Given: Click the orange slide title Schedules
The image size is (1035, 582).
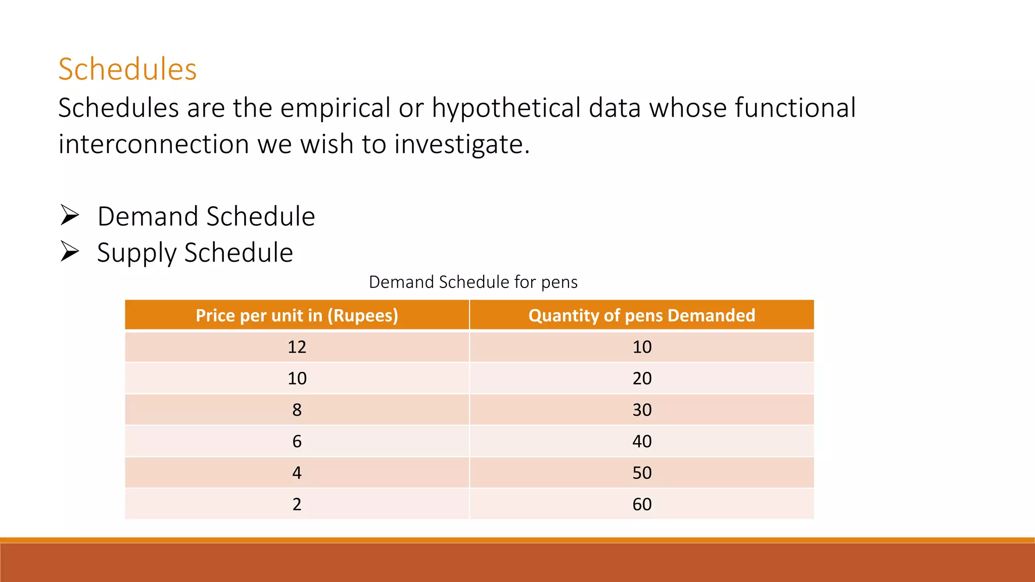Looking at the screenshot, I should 127,69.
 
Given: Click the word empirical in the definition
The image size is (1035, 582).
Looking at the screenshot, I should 335,108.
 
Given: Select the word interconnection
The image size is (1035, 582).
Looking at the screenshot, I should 154,144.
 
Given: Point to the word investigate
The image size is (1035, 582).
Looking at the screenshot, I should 461,144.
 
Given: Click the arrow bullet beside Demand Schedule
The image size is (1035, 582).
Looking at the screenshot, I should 70,216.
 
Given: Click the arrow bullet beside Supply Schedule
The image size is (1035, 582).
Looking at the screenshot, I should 70,252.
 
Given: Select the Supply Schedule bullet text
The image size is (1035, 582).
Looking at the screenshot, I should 195,253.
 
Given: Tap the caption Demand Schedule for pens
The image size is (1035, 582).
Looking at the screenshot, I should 473,282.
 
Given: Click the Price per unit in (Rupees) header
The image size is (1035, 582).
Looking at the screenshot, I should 297,315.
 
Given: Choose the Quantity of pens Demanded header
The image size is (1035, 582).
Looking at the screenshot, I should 642,315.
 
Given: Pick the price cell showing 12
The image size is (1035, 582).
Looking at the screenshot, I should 297,347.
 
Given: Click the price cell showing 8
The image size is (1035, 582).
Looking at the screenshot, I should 297,410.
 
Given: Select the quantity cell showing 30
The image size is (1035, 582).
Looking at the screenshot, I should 642,410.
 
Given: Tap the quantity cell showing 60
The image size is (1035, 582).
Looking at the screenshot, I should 642,504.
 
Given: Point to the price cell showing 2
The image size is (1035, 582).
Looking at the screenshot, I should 297,504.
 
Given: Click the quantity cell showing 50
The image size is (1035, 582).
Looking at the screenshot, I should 642,473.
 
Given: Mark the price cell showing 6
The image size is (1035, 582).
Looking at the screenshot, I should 297,442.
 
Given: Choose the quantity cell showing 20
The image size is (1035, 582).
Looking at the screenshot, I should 642,378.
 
